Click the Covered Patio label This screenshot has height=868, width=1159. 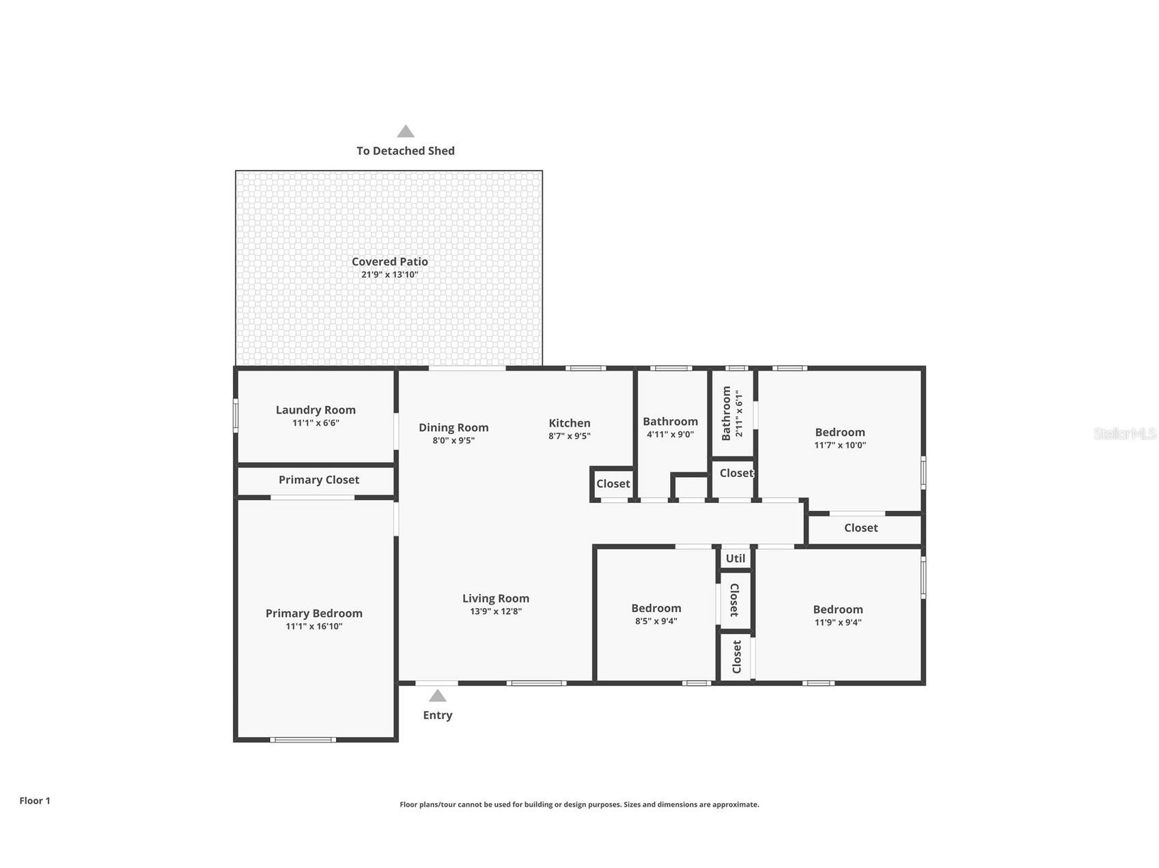point(389,261)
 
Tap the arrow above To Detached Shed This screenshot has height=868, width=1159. point(406,132)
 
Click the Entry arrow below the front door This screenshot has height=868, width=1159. point(437,696)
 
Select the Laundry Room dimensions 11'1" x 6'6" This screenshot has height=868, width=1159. point(316,423)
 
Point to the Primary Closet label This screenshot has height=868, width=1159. point(318,480)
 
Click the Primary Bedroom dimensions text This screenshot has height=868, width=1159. point(313,626)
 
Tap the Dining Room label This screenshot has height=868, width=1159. point(453,428)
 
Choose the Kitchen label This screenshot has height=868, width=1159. point(569,423)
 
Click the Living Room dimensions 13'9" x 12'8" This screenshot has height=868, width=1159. point(495,611)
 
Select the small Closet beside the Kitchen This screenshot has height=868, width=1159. point(613,484)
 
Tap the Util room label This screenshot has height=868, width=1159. point(735,558)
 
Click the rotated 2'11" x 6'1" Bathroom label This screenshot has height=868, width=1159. point(732,414)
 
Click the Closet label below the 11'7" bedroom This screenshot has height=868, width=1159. point(861,528)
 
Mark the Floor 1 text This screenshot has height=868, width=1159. point(35,801)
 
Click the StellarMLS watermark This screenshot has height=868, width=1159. point(1124,433)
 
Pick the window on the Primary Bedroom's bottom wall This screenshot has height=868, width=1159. point(303,740)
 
